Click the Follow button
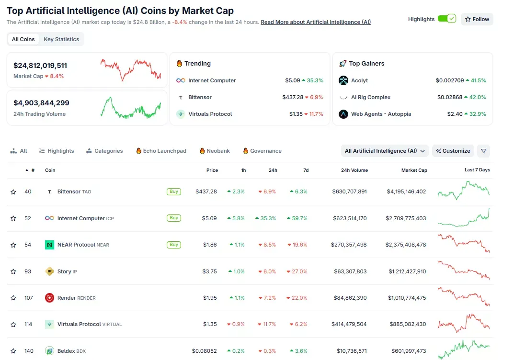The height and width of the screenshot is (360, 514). [x=477, y=19]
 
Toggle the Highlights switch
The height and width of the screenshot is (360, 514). [x=446, y=19]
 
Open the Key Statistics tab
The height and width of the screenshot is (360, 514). [x=61, y=39]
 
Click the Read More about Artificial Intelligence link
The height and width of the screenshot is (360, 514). [x=316, y=22]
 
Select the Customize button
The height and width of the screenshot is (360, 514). [x=453, y=151]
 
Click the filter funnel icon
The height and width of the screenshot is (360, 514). [x=483, y=151]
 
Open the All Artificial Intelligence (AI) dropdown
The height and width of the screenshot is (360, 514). [x=385, y=151]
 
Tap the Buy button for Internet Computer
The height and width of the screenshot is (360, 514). [x=174, y=218]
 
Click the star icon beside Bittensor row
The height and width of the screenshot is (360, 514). [x=13, y=192]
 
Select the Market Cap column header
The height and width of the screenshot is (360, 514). [x=414, y=170]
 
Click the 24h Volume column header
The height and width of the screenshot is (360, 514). [x=354, y=170]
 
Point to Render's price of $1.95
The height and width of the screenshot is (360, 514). [x=210, y=298]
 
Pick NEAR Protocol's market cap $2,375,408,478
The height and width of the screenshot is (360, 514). [x=406, y=245]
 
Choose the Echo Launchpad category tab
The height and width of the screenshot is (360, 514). [x=161, y=151]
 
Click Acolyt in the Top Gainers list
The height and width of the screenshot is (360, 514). [x=359, y=80]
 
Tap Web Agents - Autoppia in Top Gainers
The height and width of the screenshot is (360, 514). [x=381, y=114]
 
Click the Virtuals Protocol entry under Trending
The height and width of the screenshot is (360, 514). [x=210, y=114]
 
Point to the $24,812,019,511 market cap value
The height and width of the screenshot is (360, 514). [x=40, y=66]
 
